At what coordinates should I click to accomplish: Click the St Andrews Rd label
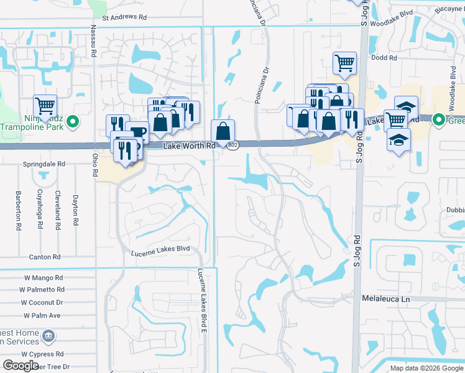[124, 18]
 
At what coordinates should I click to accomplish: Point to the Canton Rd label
[45, 257]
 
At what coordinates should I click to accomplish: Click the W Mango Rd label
[44, 278]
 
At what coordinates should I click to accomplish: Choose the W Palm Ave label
[42, 315]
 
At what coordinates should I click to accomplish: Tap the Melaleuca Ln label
[387, 299]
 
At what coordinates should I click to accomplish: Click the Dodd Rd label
[384, 58]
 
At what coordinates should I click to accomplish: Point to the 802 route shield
[233, 145]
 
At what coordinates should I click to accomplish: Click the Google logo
[21, 366]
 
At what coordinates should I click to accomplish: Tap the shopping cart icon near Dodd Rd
[344, 63]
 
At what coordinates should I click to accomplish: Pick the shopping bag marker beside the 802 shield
[223, 131]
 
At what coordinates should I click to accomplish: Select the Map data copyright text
[426, 368]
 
